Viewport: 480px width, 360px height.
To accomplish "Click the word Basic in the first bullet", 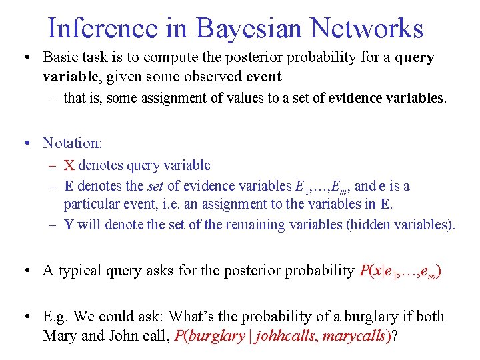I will pyautogui.click(x=61, y=58).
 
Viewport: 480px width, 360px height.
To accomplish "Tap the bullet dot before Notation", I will pyautogui.click(x=27, y=143).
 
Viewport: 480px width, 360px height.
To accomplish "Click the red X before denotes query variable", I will pyautogui.click(x=69, y=165).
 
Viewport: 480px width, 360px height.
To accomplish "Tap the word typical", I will pyautogui.click(x=83, y=271).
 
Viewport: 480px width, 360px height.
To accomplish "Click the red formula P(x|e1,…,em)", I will pyautogui.click(x=400, y=271).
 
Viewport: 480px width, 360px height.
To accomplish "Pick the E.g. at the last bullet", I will pyautogui.click(x=57, y=317).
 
